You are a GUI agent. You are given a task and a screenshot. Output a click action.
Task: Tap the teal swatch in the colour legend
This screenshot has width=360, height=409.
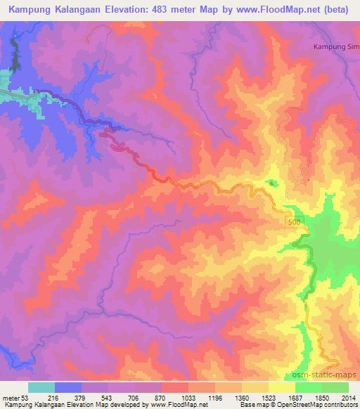tap(41, 388)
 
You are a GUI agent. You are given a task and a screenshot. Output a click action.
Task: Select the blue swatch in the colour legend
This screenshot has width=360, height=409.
tap(69, 388)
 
